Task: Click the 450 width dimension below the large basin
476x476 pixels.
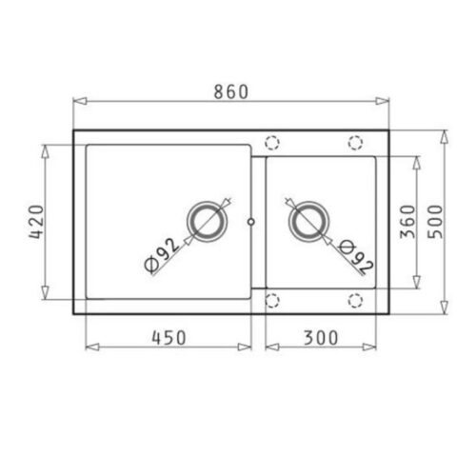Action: [x=168, y=336]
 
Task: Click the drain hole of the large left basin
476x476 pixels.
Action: [x=208, y=221]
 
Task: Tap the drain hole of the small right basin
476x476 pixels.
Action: [x=307, y=222]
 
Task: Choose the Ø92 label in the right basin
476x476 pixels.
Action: [x=354, y=255]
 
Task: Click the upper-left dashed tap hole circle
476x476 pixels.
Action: [x=272, y=142]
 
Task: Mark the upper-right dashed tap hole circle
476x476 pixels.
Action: [x=356, y=142]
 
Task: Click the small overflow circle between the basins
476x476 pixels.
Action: [x=250, y=221]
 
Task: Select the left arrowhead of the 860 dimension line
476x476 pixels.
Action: [x=77, y=99]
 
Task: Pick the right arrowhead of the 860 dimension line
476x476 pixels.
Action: [x=387, y=99]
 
